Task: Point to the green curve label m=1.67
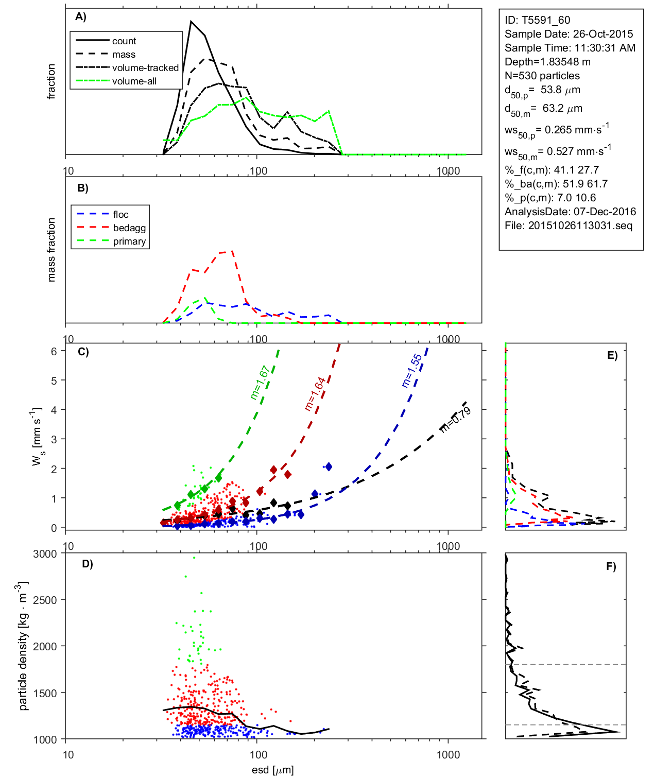[x=260, y=383]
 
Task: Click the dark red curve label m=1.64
[x=315, y=394]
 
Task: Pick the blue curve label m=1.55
[x=412, y=371]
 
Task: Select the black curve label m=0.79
[x=456, y=419]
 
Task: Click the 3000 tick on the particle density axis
[x=45, y=554]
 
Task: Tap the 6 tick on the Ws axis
[x=54, y=351]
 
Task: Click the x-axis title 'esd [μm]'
[x=272, y=770]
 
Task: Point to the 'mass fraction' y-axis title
[x=51, y=250]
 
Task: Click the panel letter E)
[x=612, y=355]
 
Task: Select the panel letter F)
[x=611, y=566]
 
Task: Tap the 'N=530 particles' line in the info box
[x=542, y=76]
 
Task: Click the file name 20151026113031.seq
[x=580, y=226]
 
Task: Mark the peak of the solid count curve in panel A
[x=191, y=22]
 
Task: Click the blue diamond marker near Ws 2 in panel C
[x=329, y=466]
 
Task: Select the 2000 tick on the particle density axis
[x=45, y=647]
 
